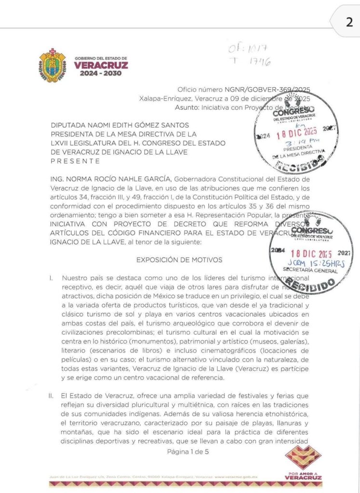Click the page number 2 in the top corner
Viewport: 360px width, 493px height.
tap(349, 22)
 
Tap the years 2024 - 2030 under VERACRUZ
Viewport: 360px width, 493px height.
tap(101, 73)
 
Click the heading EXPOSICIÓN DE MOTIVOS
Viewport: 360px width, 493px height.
tap(179, 260)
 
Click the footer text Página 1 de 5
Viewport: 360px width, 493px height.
tap(188, 451)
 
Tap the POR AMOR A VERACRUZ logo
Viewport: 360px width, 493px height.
tap(304, 464)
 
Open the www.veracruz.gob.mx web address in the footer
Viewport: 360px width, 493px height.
tap(236, 477)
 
